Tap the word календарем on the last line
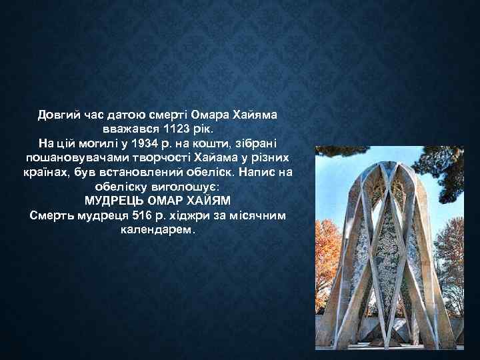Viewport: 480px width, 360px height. [x=157, y=230]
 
